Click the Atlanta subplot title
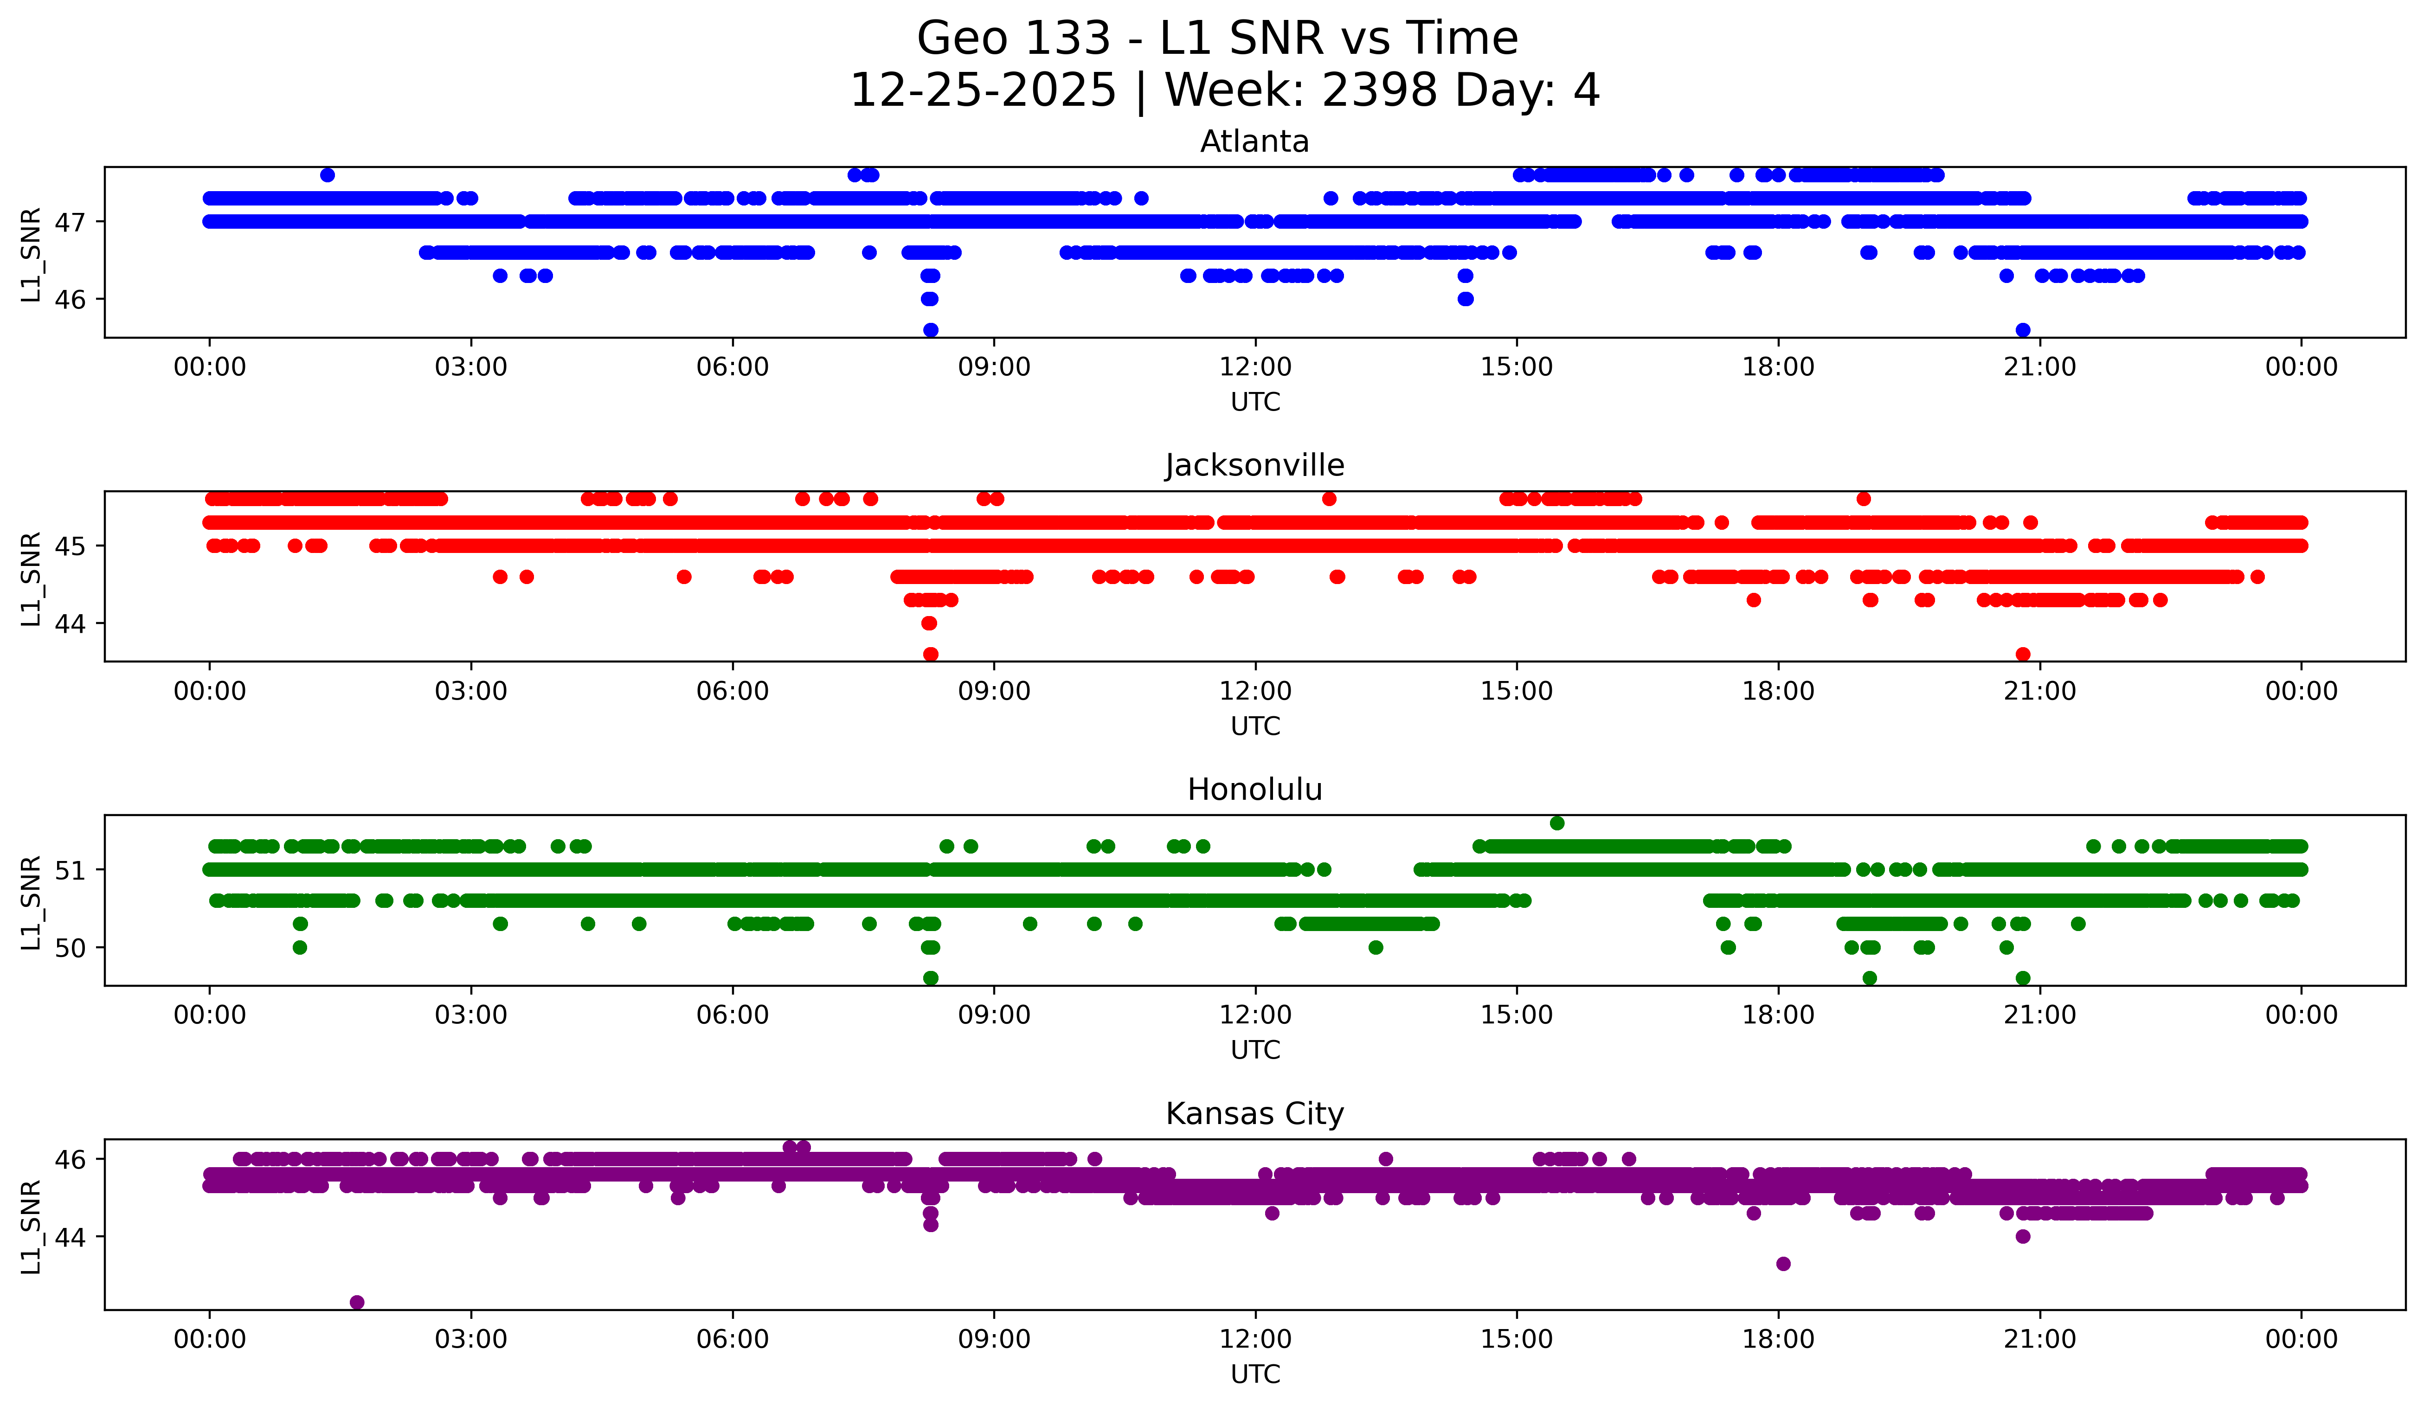[x=1254, y=141]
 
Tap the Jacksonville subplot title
[x=1254, y=465]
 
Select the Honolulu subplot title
[x=1254, y=790]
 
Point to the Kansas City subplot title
[x=1254, y=1114]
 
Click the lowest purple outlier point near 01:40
[x=357, y=1302]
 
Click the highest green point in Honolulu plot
[x=1557, y=823]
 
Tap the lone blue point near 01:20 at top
[x=327, y=175]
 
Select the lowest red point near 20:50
[x=2023, y=654]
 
